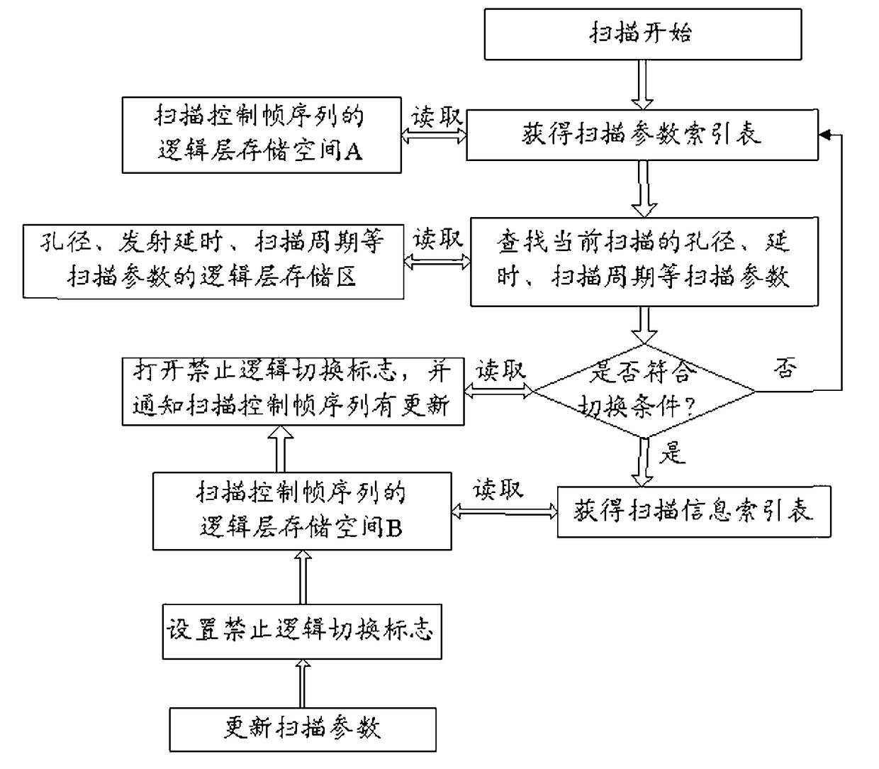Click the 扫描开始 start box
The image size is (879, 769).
(x=643, y=34)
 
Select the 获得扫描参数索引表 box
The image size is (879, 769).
(x=642, y=135)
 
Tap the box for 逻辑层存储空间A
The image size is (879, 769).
(x=262, y=135)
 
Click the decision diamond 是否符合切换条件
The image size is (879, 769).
(x=644, y=391)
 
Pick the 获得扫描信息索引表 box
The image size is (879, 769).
(x=694, y=511)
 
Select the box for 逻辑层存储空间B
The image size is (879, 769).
(x=302, y=511)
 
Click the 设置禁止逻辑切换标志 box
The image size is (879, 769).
(x=302, y=631)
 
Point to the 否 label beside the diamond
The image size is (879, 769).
(x=785, y=368)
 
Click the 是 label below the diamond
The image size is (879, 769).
(x=673, y=453)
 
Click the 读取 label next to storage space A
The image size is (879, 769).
(x=437, y=117)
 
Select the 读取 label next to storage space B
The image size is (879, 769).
(x=498, y=489)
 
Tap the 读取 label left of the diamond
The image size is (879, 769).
(x=500, y=370)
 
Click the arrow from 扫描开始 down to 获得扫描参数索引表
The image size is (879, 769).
(x=643, y=84)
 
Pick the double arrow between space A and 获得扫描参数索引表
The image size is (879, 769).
(x=434, y=135)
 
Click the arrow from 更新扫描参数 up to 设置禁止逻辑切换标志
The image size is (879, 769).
(x=303, y=683)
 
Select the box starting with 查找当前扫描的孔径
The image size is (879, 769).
(x=644, y=262)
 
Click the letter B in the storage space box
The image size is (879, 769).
(x=394, y=529)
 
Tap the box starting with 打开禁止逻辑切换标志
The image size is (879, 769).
(x=293, y=392)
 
